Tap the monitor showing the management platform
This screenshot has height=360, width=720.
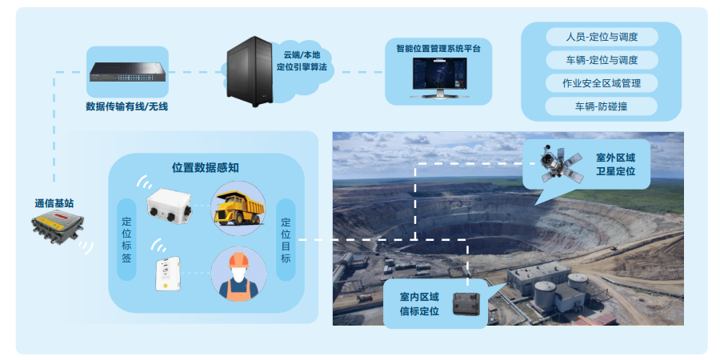(x=438, y=77)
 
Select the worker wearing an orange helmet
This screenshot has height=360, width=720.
(x=238, y=274)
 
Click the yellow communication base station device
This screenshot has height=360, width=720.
(x=55, y=229)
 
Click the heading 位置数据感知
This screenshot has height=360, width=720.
(x=206, y=168)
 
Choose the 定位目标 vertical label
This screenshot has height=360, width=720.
(x=286, y=240)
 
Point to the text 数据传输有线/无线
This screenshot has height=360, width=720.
(x=127, y=106)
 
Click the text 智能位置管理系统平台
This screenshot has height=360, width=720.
(x=438, y=49)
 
